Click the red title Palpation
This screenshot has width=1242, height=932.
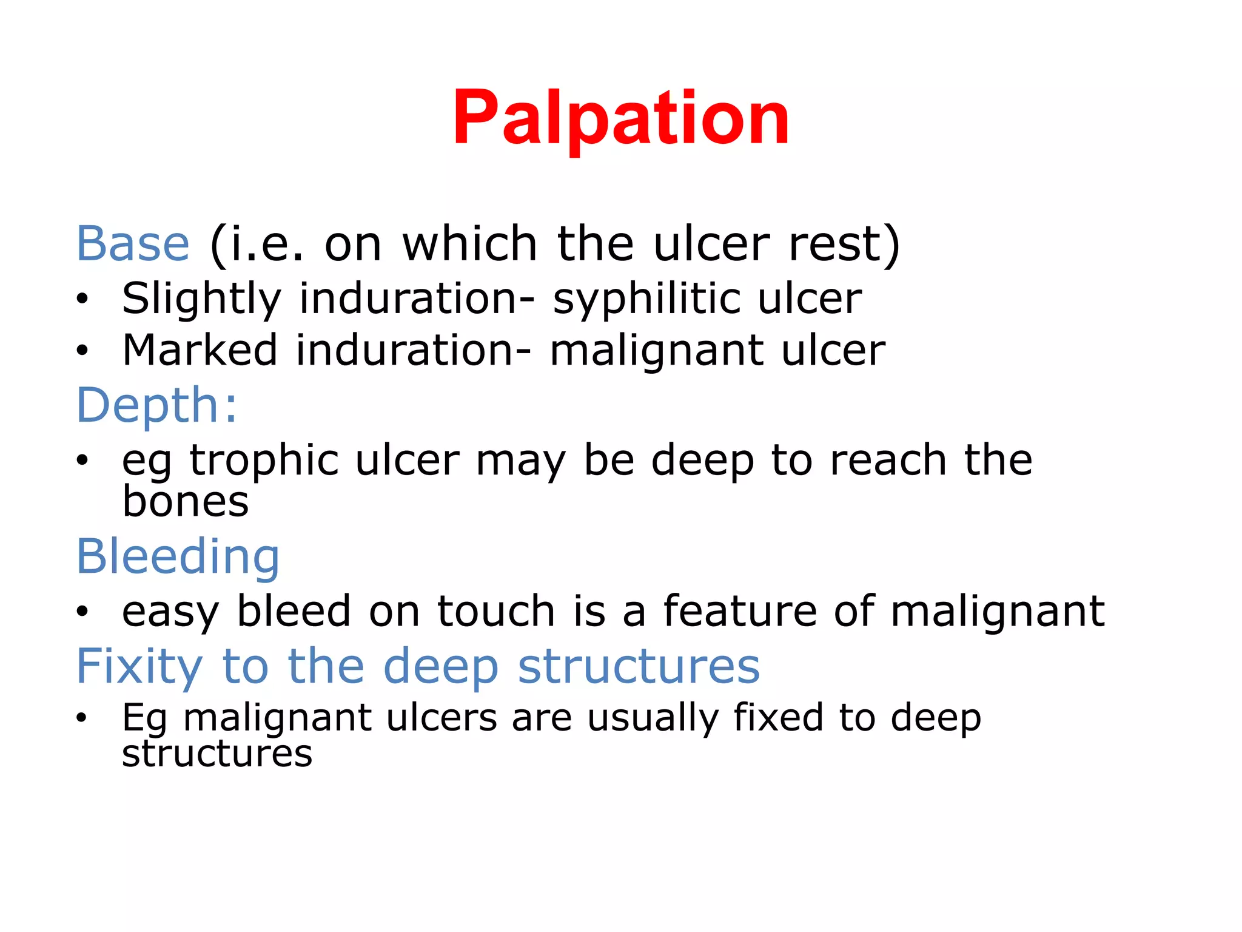pos(620,118)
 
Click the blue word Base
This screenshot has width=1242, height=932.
pos(133,244)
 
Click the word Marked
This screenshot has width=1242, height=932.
pos(200,350)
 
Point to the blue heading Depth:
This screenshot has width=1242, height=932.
pos(156,405)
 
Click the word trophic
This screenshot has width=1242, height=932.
pos(264,460)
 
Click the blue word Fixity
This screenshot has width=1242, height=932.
pos(139,666)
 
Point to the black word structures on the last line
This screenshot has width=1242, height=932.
pos(217,754)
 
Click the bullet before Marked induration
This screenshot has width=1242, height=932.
pos(82,351)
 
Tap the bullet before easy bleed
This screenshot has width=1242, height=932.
pos(82,612)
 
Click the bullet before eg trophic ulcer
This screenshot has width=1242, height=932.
pos(82,461)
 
